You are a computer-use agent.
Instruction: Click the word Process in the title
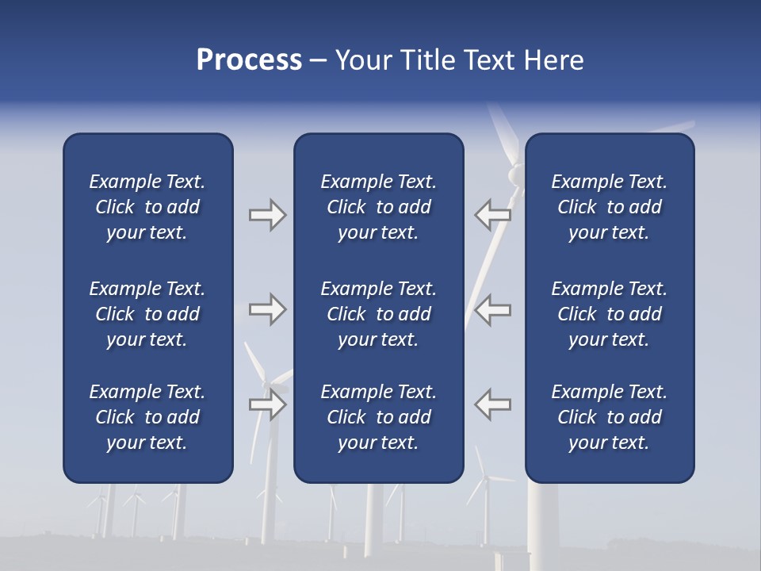[249, 60]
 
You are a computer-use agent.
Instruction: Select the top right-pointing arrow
[267, 214]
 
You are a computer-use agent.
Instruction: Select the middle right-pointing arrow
[267, 309]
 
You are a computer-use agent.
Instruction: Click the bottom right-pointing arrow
[267, 404]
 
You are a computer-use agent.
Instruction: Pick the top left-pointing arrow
[492, 214]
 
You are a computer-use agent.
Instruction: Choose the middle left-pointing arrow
[492, 309]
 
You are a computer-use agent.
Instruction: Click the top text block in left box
[147, 207]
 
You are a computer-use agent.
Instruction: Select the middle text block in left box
[147, 314]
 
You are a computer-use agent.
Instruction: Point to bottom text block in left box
[147, 417]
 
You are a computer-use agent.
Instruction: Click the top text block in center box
[378, 207]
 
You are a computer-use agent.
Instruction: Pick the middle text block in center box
[378, 314]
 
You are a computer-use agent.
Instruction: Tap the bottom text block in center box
[378, 417]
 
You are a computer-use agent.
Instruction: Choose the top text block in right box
[609, 207]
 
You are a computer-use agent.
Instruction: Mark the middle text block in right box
[609, 314]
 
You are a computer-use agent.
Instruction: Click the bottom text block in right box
[609, 417]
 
